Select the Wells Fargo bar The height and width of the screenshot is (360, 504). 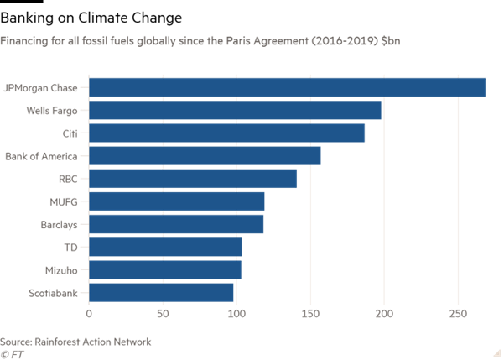coord(236,110)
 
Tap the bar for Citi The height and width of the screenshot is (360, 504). coord(227,133)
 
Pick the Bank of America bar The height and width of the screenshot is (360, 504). coord(205,155)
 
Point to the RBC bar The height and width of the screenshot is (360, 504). coord(193,179)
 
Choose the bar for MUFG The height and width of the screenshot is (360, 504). coord(177,201)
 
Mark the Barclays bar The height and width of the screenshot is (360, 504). coord(176,224)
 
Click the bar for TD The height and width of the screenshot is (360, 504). coord(165,247)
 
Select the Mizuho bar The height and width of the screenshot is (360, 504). coord(165,269)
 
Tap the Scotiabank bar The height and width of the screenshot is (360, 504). coord(162,292)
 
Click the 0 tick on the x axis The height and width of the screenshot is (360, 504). coord(89,315)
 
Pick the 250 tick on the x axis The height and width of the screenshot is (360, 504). coord(458,315)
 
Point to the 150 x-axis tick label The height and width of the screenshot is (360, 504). coord(310,315)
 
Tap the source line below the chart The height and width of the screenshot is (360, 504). coord(75,342)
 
